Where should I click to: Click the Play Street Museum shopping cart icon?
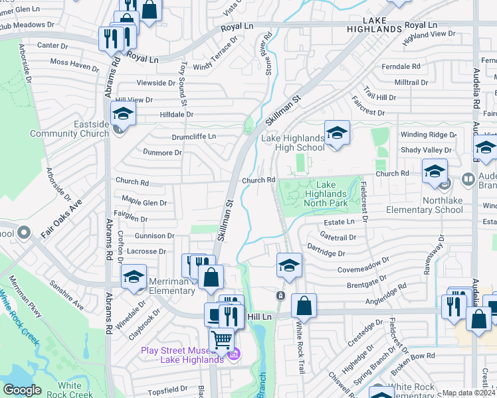[222, 339]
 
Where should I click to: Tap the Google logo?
[22, 389]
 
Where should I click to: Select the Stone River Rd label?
[268, 55]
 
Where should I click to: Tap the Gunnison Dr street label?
[154, 235]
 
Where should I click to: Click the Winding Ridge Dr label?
[428, 135]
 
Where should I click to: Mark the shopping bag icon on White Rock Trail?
[304, 305]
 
